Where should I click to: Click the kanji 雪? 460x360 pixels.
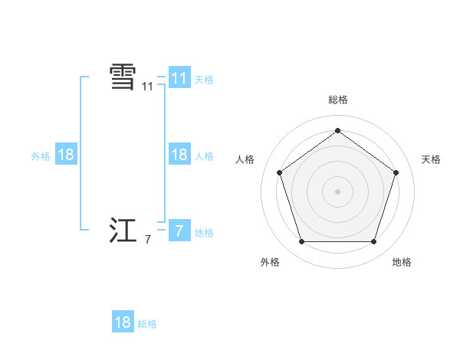(x=123, y=77)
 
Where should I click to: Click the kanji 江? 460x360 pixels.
(x=123, y=231)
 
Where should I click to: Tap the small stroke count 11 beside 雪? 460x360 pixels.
(x=147, y=87)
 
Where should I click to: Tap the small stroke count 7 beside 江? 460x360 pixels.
(x=147, y=241)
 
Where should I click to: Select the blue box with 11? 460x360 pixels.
(x=179, y=77)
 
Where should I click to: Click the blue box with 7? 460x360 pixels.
(x=179, y=231)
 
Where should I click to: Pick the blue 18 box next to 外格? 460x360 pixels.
(x=65, y=155)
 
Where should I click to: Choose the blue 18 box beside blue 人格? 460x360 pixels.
(x=179, y=155)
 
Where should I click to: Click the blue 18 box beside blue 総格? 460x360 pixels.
(x=123, y=322)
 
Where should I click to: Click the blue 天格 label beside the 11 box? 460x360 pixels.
(x=204, y=79)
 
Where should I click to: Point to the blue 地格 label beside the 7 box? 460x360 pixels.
(x=204, y=233)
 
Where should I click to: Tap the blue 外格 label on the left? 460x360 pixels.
(x=41, y=156)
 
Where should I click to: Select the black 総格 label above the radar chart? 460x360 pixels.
(x=337, y=100)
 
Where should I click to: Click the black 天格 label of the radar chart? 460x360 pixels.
(x=431, y=159)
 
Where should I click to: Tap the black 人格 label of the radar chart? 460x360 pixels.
(x=245, y=159)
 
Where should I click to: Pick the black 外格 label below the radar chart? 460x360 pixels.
(x=270, y=262)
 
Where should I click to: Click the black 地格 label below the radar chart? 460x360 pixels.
(x=402, y=262)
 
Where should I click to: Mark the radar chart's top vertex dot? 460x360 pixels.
(x=337, y=130)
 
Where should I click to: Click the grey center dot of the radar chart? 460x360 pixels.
(x=337, y=191)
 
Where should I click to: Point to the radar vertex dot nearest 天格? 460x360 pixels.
(x=396, y=172)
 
